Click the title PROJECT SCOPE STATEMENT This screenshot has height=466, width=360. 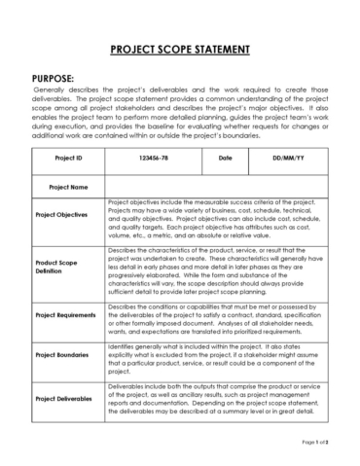coord(179,48)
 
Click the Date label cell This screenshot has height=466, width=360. coord(225,157)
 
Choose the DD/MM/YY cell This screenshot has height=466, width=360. coord(289,157)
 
